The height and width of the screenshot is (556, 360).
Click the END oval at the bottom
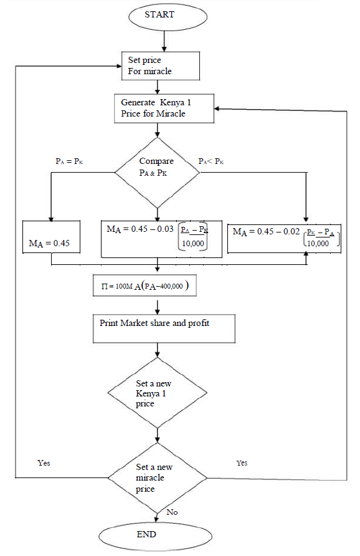tap(147, 535)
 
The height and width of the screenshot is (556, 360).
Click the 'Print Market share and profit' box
tap(164, 328)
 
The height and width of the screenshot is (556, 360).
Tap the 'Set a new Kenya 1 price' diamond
tap(157, 391)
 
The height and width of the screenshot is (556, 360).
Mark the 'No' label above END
tap(173, 512)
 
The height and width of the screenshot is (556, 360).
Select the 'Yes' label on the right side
tap(242, 463)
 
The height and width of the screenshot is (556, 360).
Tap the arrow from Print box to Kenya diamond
tap(157, 351)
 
